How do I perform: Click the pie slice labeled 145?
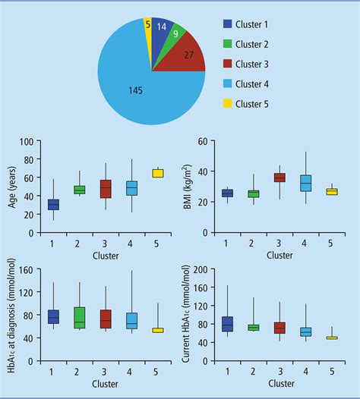click(x=137, y=91)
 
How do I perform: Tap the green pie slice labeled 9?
click(x=175, y=33)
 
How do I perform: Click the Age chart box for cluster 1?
click(x=53, y=205)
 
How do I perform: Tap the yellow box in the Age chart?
click(x=158, y=173)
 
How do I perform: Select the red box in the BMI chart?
click(x=279, y=178)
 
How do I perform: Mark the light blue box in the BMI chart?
click(x=306, y=183)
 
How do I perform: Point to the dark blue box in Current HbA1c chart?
click(x=226, y=324)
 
